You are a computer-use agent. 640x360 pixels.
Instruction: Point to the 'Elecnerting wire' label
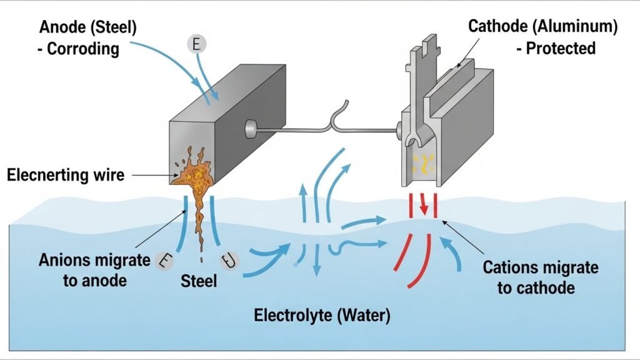click(66, 175)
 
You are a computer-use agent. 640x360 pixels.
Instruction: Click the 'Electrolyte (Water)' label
click(322, 316)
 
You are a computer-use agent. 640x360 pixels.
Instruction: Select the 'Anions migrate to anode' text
click(94, 269)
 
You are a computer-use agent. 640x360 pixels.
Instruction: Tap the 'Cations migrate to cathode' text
click(541, 278)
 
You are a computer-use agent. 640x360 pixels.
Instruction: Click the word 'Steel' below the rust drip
click(199, 281)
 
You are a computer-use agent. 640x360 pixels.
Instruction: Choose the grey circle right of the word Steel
click(229, 261)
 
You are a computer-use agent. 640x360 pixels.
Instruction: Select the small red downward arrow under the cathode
click(424, 203)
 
